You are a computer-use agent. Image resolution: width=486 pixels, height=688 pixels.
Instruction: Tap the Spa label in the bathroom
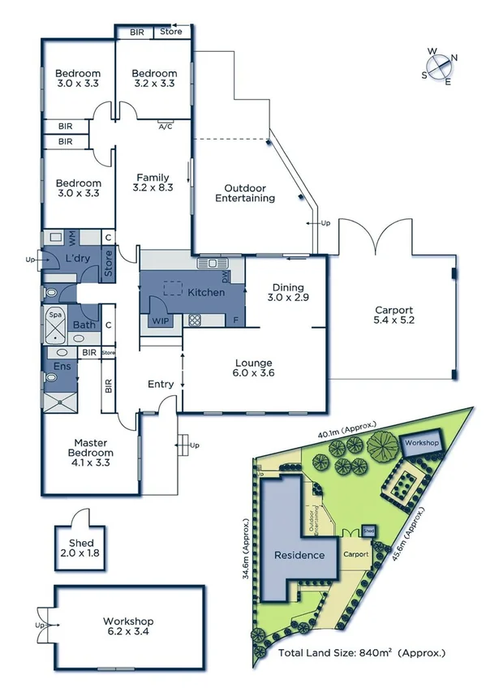[x=57, y=312]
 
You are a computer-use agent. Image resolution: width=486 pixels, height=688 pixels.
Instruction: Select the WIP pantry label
[x=160, y=320]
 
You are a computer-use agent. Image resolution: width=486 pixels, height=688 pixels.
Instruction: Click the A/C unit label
[x=166, y=127]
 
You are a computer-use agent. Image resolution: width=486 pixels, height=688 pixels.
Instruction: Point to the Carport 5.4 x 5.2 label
[x=394, y=316]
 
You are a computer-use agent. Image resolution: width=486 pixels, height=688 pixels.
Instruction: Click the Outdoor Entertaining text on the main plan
[x=244, y=192]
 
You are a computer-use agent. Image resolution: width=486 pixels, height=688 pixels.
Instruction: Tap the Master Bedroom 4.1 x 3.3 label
[x=90, y=452]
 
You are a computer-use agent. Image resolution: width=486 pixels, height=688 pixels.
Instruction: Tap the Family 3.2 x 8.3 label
[x=153, y=183]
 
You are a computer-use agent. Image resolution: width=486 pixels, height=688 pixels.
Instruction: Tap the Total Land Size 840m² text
[x=361, y=652]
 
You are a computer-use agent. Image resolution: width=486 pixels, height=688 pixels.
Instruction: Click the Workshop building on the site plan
[x=422, y=444]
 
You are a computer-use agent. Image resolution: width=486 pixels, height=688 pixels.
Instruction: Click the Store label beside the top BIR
[x=170, y=32]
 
